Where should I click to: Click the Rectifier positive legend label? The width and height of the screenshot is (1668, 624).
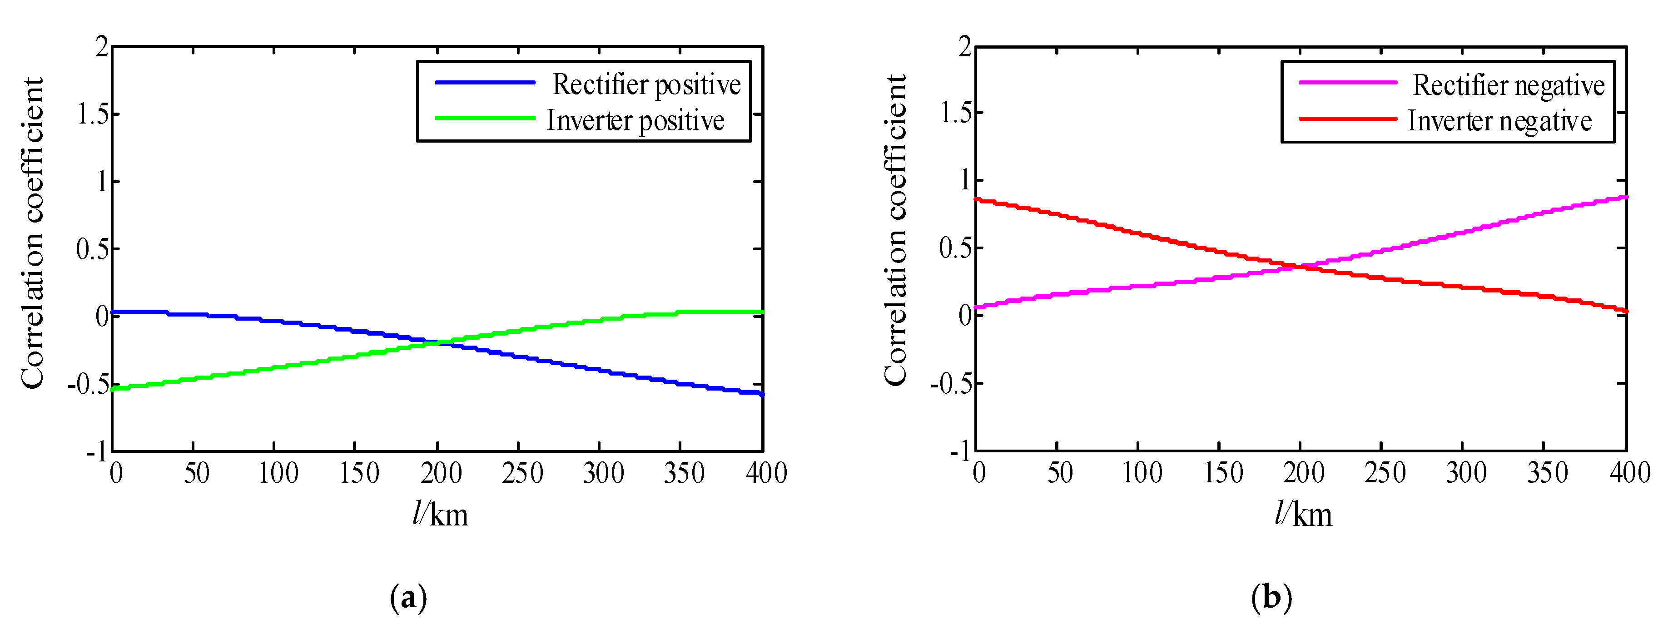point(646,85)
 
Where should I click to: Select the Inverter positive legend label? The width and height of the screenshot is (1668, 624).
point(635,120)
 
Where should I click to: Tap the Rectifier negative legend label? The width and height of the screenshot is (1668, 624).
point(1508,85)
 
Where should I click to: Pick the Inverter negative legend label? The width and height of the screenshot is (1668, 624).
point(1499,121)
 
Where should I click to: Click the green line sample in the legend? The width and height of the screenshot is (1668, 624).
point(484,119)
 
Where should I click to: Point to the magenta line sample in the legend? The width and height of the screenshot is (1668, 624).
point(1348,83)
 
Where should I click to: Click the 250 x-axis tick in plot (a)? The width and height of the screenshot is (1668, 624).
point(522,473)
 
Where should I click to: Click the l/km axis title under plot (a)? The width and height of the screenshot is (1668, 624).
point(440,515)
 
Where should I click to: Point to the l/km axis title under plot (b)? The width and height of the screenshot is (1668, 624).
point(1303,515)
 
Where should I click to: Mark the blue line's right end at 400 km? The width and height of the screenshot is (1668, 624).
point(762,394)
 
